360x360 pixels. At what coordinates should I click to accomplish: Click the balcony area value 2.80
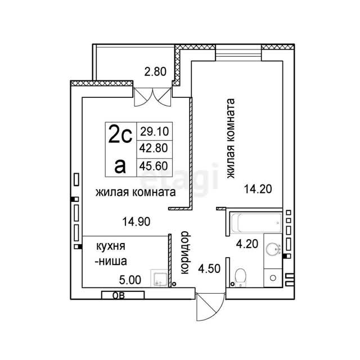tap(155, 71)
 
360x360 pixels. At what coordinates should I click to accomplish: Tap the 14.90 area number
tap(136, 222)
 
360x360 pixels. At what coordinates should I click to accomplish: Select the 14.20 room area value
tap(258, 189)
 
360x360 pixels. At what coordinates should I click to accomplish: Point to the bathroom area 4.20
tap(247, 244)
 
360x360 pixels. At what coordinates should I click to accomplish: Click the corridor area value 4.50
tap(209, 269)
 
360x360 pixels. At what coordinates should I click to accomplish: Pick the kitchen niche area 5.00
tap(130, 280)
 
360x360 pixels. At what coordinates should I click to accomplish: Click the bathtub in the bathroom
tap(256, 223)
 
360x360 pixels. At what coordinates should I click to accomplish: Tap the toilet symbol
tap(241, 277)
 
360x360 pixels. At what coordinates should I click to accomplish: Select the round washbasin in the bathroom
tap(273, 249)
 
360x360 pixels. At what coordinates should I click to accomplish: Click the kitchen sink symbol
tap(159, 278)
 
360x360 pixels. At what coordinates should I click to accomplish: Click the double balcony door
tap(152, 97)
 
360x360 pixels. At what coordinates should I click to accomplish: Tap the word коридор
tap(185, 253)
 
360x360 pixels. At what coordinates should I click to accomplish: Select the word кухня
tap(111, 246)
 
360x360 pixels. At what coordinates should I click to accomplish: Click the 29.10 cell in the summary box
tap(155, 132)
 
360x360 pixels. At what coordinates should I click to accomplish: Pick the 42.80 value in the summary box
tap(154, 148)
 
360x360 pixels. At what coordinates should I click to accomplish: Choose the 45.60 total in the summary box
tap(154, 166)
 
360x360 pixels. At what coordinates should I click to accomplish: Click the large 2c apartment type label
tap(120, 134)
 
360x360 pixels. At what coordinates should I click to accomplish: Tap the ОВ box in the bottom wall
tap(123, 295)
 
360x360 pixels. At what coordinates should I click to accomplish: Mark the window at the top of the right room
tap(238, 53)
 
